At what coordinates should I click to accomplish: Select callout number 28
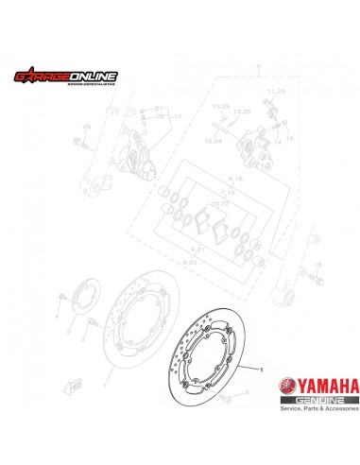(85, 126)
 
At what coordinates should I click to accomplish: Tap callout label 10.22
(219, 202)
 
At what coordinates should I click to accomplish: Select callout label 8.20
(188, 259)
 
